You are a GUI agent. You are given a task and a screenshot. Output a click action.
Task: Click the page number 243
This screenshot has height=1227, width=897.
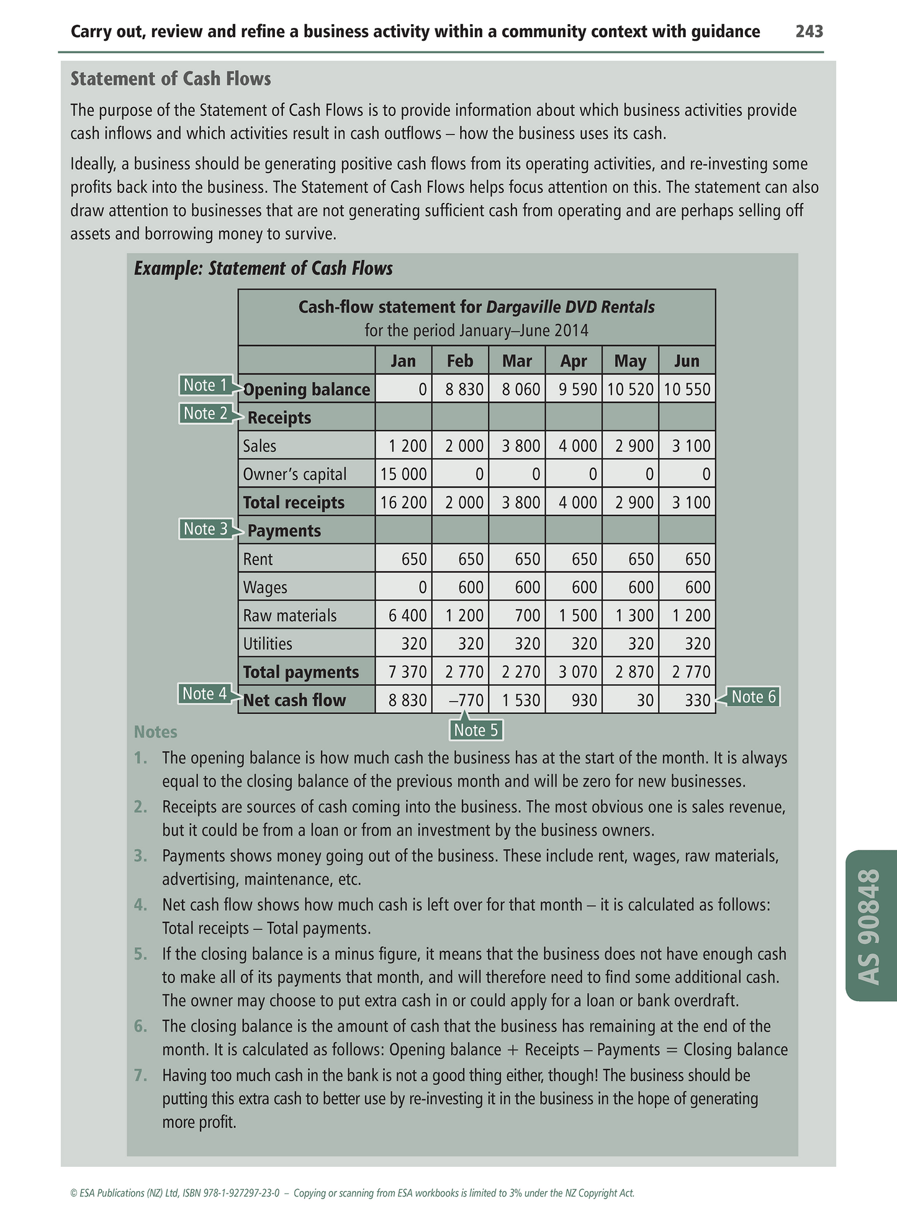click(809, 32)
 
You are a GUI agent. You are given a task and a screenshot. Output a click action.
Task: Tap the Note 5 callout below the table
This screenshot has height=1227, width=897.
click(476, 730)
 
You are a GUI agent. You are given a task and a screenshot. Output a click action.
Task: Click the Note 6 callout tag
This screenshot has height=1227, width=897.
click(753, 697)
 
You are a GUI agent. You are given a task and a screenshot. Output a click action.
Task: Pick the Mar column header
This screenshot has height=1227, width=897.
click(516, 360)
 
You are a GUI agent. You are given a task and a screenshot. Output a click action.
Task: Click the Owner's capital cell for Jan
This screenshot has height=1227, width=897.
click(403, 475)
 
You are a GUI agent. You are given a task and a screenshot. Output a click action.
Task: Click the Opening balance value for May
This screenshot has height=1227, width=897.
click(630, 390)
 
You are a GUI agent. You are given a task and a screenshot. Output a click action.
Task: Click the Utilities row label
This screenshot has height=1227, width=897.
click(268, 644)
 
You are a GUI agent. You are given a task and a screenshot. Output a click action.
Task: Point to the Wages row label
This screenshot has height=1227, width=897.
click(265, 587)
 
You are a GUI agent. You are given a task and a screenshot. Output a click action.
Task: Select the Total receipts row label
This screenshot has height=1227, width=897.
click(294, 502)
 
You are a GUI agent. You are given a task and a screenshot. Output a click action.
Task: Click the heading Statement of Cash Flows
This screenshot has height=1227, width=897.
click(171, 79)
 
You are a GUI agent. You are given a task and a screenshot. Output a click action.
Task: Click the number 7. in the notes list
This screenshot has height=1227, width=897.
click(140, 1075)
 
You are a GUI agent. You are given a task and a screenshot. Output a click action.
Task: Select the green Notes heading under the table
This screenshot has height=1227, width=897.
click(155, 732)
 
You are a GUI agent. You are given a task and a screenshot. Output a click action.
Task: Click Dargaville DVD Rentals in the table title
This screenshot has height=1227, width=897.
click(570, 307)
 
